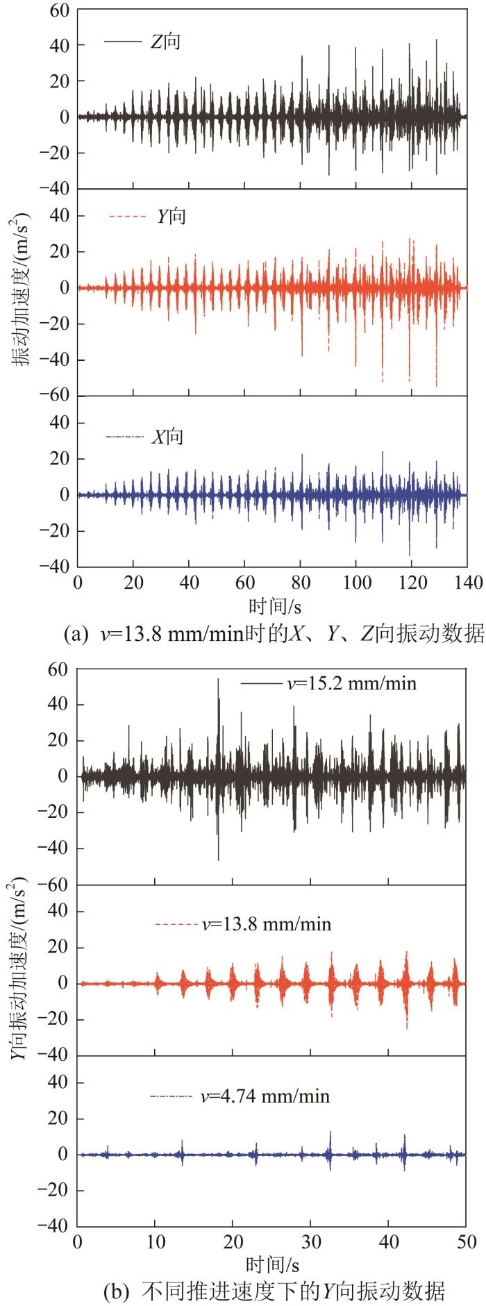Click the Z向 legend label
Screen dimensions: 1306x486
[x=165, y=42]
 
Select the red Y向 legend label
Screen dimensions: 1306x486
[x=171, y=217]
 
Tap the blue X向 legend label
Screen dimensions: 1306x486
[x=168, y=437]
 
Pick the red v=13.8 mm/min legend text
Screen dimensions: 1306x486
[x=267, y=924]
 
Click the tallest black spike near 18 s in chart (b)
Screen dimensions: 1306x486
[x=218, y=680]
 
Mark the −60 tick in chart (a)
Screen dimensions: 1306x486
[x=58, y=396]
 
